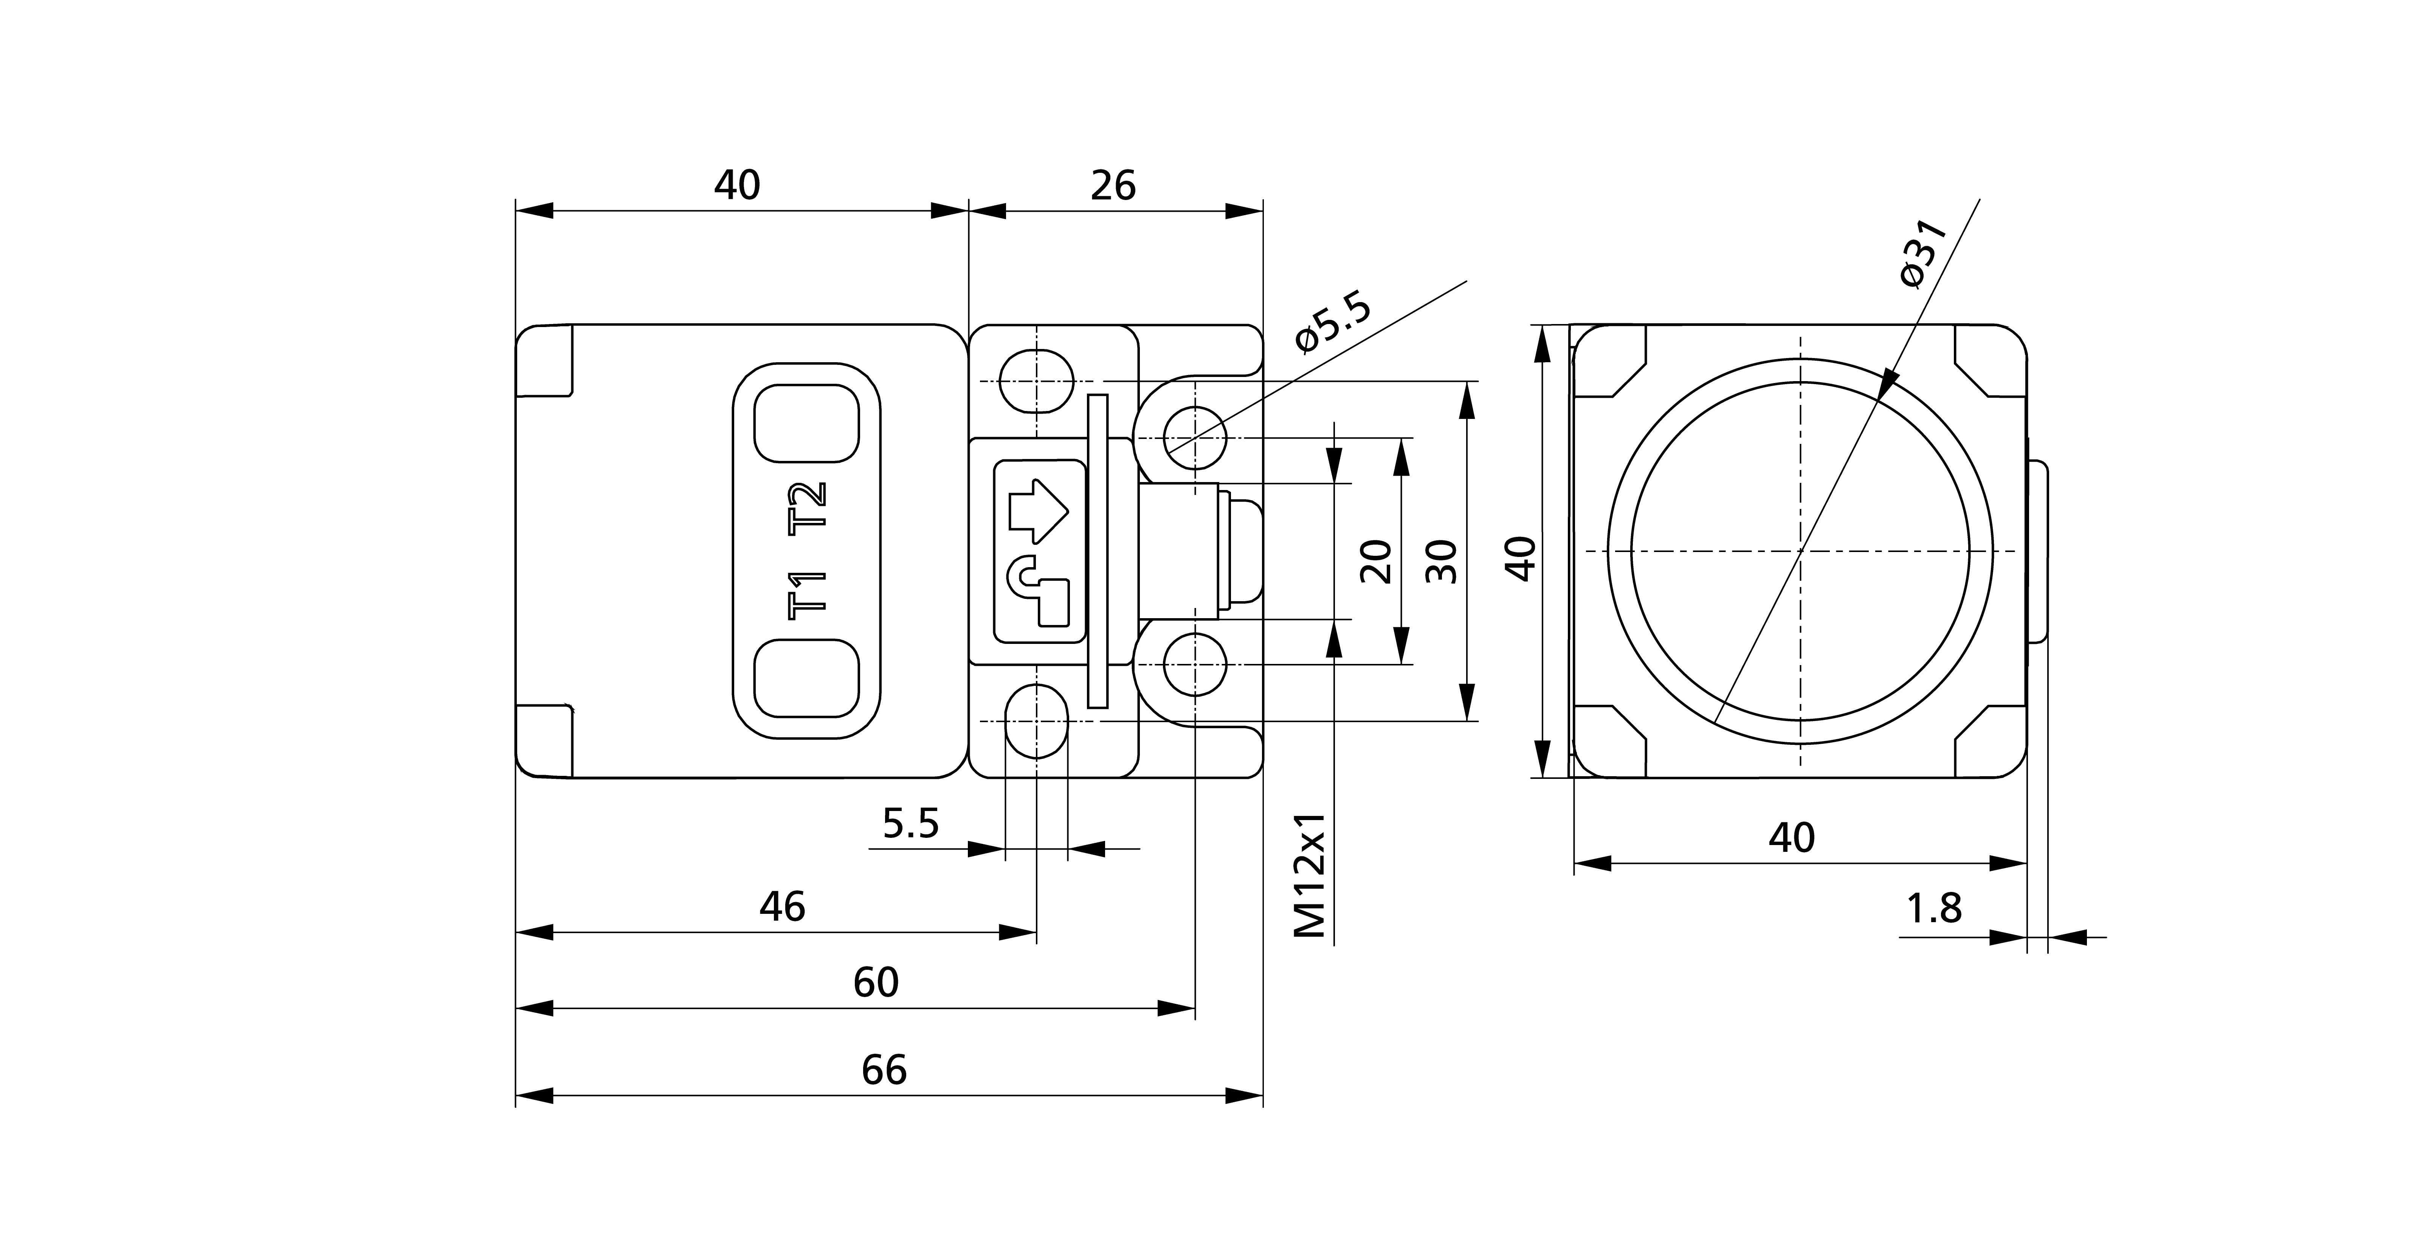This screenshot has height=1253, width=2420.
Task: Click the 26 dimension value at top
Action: (x=1113, y=186)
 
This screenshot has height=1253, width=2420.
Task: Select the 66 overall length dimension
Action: (x=884, y=1070)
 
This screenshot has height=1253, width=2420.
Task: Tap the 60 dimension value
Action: (x=876, y=983)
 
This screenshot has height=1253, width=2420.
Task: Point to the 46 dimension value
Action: (x=781, y=906)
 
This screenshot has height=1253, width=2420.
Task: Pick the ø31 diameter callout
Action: (x=1922, y=254)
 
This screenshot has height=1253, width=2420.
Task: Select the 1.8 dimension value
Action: (x=1933, y=908)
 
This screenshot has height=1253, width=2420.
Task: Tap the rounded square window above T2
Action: (x=807, y=423)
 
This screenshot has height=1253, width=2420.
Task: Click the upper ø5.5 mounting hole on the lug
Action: (x=1195, y=438)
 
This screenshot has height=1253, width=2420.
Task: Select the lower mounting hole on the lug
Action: (x=1195, y=665)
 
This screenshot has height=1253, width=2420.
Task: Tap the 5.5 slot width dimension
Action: (x=910, y=824)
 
